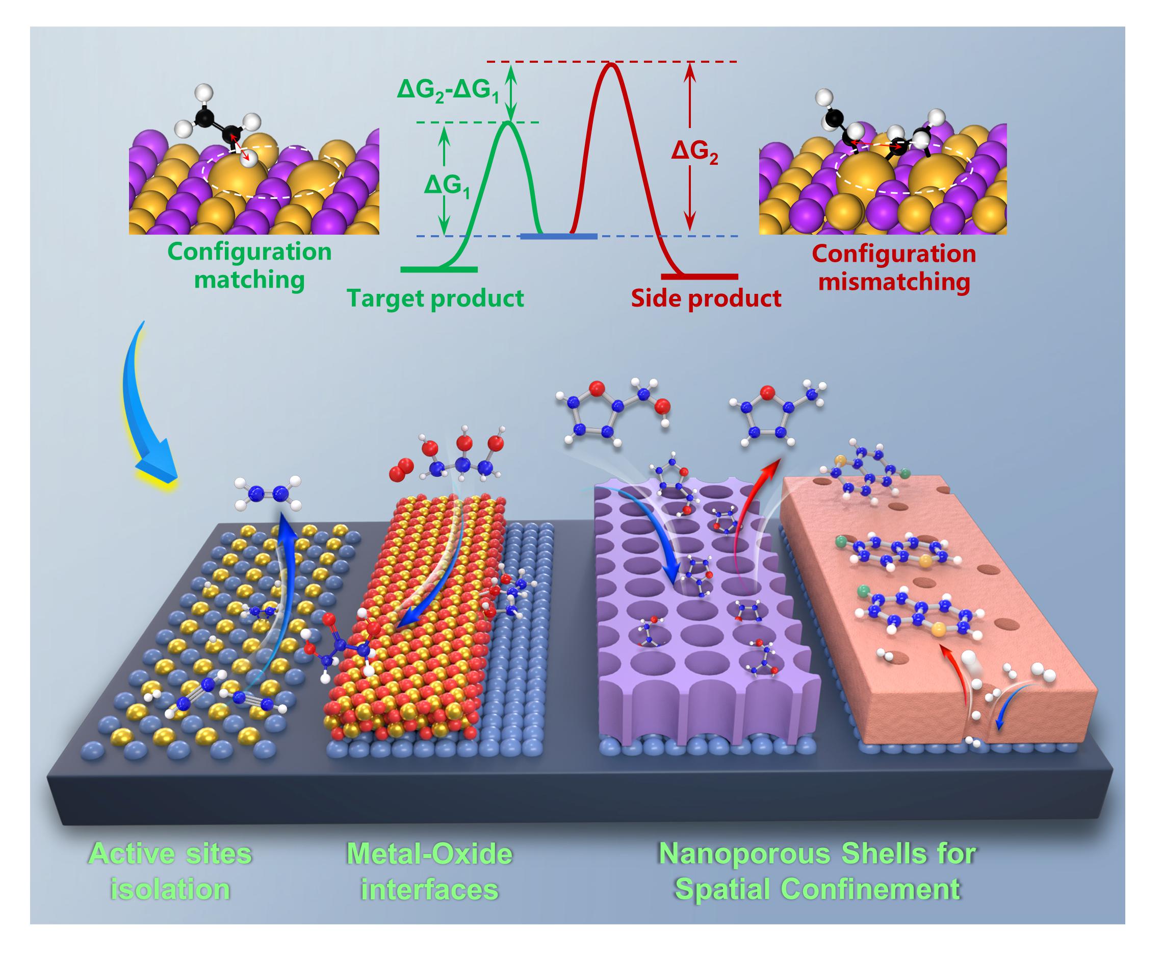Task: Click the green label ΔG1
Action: pos(446,186)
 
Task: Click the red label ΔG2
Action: pos(694,151)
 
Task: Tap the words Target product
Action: pos(435,298)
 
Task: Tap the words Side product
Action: pos(706,298)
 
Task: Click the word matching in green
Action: pos(249,280)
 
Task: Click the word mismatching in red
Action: pos(894,282)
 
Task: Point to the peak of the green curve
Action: pos(509,122)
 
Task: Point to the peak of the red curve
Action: pos(609,65)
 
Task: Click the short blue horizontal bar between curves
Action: pos(559,236)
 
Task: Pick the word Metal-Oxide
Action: pos(429,854)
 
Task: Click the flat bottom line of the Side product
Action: pos(700,276)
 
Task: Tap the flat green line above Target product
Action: pos(438,269)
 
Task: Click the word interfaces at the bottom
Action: pos(429,889)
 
